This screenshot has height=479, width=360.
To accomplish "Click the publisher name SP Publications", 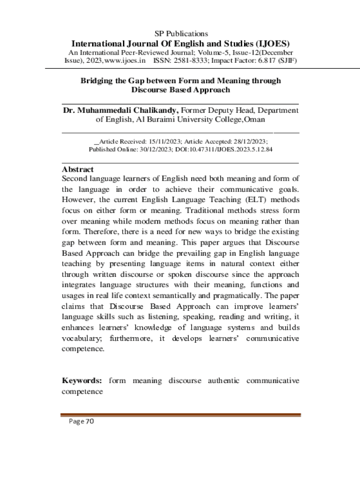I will pyautogui.click(x=181, y=34).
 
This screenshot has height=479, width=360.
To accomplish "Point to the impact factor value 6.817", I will pyautogui.click(x=267, y=61).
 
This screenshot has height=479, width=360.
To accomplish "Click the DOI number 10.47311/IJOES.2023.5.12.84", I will pyautogui.click(x=229, y=150).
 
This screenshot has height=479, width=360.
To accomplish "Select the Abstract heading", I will pyautogui.click(x=78, y=169).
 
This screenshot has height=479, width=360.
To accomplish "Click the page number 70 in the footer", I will pyautogui.click(x=89, y=422).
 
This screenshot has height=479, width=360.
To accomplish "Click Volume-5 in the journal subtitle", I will pyautogui.click(x=216, y=52).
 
